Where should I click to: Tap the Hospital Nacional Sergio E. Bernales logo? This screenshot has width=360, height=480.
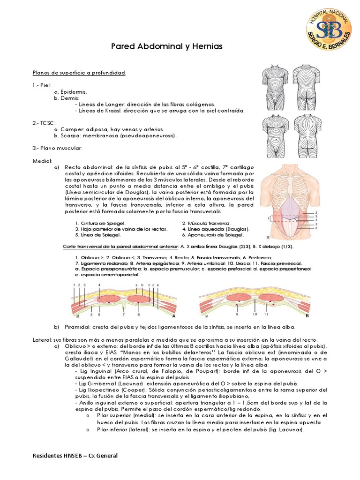pyautogui.click(x=329, y=30)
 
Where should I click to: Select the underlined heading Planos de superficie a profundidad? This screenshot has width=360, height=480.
pyautogui.click(x=79, y=73)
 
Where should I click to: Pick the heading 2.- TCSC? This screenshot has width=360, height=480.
pyautogui.click(x=43, y=123)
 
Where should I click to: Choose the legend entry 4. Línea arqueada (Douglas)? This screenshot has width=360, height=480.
pyautogui.click(x=215, y=229)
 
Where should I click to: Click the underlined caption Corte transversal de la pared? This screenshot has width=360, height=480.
pyautogui.click(x=120, y=247)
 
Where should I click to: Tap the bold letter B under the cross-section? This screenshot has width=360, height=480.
pyautogui.click(x=307, y=316)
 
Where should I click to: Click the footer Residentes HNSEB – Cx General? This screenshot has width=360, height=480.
pyautogui.click(x=75, y=456)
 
